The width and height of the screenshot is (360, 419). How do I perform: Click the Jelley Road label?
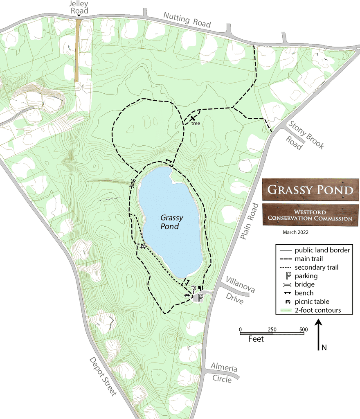point(79,7)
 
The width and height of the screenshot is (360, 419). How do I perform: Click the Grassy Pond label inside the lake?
point(171,222)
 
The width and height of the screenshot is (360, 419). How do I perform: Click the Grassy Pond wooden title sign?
point(310,189)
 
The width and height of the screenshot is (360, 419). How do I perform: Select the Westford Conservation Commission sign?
point(310,215)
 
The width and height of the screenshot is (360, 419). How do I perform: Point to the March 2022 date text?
point(295,232)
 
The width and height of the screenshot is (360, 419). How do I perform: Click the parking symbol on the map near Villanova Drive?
point(200,297)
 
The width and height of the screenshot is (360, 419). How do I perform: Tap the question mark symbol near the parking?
point(193,290)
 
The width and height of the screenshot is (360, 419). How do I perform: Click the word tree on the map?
point(196,123)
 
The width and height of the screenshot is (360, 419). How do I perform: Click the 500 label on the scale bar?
point(303,329)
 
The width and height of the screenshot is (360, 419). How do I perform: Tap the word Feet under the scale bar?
point(256,339)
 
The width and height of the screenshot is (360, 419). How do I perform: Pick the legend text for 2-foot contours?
point(317,310)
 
